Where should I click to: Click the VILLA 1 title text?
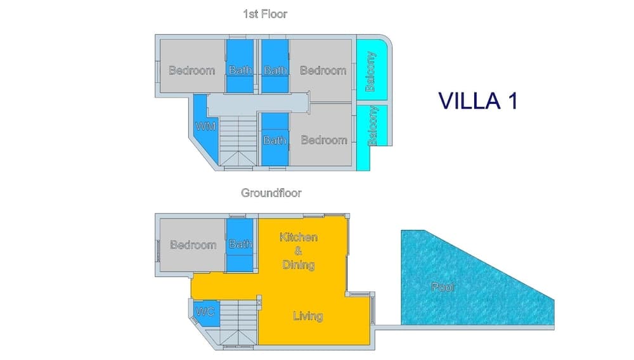coord(477,101)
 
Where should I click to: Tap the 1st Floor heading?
coord(265,14)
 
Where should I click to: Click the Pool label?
coord(443,287)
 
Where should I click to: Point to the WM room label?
coord(205,126)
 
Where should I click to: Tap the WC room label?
coord(205,312)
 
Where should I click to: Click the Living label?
coord(308,316)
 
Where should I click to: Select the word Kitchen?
coord(299,237)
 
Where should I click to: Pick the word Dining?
coord(298,264)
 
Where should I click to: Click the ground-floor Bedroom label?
coord(193,245)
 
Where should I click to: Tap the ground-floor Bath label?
coord(241,244)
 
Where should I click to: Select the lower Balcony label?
coord(373,126)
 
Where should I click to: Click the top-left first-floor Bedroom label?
coord(191,70)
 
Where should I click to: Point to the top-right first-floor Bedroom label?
coord(323,70)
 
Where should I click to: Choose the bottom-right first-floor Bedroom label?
coord(324,139)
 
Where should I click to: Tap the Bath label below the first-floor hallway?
coord(275,139)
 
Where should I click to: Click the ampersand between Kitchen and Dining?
coord(298,251)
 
